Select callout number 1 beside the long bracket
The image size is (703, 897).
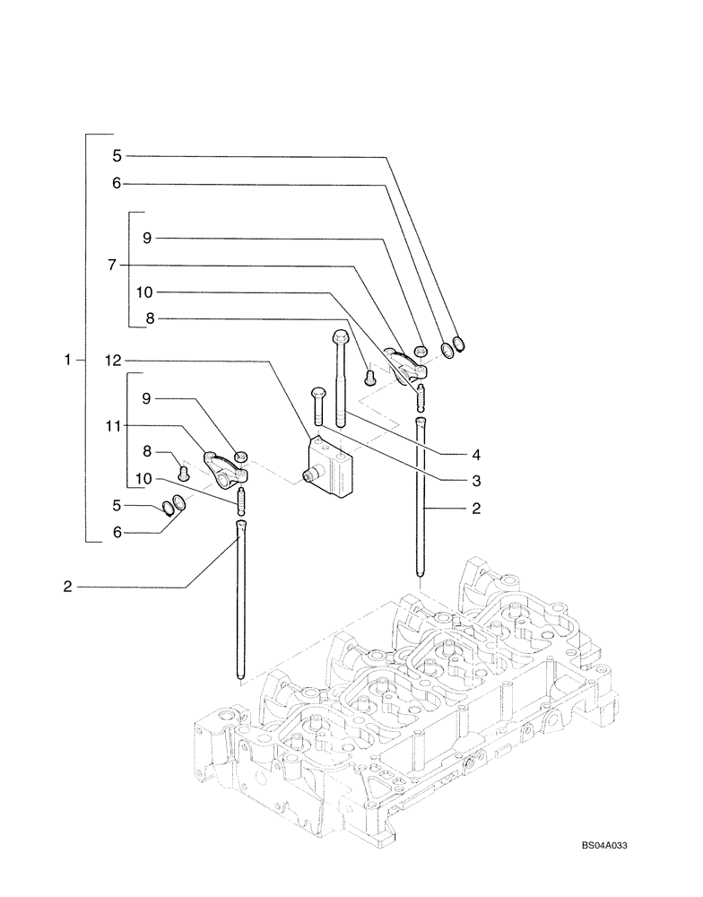67,360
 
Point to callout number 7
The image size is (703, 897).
111,265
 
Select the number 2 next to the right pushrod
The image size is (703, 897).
477,509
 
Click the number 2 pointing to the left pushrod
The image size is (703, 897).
67,588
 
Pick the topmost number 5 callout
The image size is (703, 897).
117,155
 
